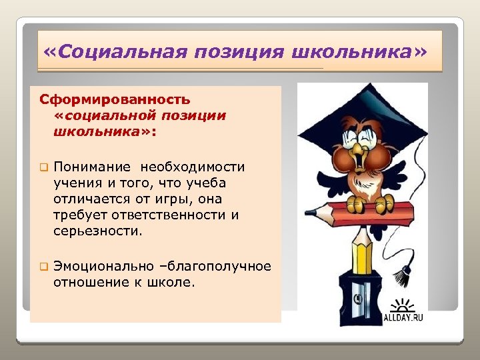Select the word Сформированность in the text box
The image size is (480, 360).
tap(115, 100)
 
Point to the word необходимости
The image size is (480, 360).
tap(198, 167)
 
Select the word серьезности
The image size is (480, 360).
tap(98, 231)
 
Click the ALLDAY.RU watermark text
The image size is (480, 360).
tap(403, 318)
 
